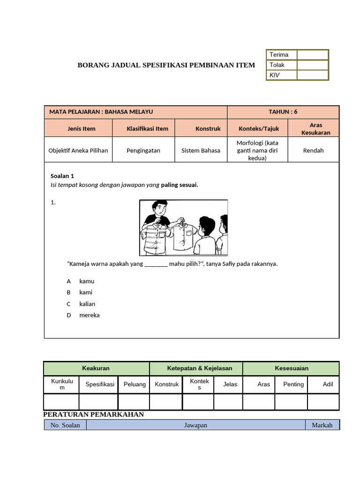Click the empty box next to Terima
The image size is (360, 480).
[x=312, y=55]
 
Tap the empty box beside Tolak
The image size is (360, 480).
[x=312, y=65]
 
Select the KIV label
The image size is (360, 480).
[x=275, y=75]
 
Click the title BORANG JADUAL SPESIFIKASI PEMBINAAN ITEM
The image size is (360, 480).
[x=166, y=65]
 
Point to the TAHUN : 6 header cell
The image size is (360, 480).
[x=283, y=112]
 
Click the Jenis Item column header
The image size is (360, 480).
[x=78, y=128]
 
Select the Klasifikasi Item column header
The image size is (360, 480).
[x=143, y=128]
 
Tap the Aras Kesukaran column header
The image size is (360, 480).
[x=313, y=128]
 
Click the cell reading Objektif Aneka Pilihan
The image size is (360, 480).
[x=78, y=150]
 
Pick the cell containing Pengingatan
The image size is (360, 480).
[x=143, y=150]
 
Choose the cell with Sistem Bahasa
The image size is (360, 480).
[x=201, y=150]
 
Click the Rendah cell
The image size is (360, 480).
[x=313, y=150]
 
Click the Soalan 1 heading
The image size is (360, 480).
[x=62, y=176]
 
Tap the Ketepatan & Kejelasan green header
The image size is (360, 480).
[x=196, y=368]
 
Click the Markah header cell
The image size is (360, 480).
[x=322, y=425]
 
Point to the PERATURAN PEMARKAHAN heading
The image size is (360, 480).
[x=93, y=414]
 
